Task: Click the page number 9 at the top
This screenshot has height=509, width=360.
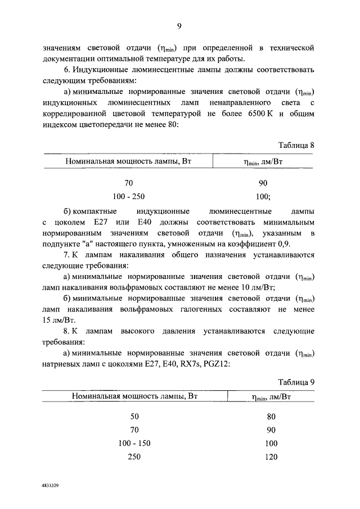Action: click(x=179, y=25)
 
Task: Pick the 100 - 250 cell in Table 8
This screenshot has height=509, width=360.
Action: click(x=129, y=196)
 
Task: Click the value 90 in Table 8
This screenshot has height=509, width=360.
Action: click(x=263, y=183)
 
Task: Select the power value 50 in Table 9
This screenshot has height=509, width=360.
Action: click(x=134, y=417)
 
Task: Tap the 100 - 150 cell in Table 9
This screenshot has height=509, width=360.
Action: click(x=134, y=444)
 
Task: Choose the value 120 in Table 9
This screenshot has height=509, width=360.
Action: click(x=271, y=457)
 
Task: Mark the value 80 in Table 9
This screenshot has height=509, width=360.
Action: click(x=271, y=417)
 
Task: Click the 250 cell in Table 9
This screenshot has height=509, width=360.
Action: click(x=134, y=457)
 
